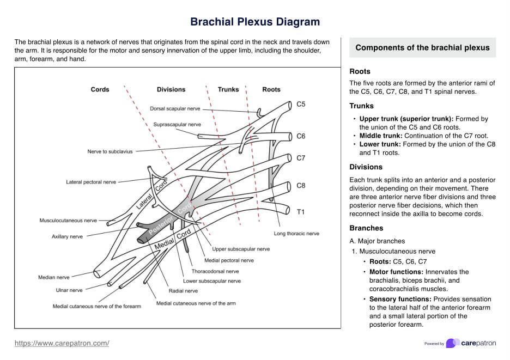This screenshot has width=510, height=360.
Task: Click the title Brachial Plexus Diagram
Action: click(x=255, y=22)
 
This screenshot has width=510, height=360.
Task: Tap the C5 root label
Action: click(x=301, y=103)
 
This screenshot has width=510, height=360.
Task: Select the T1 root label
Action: click(x=301, y=211)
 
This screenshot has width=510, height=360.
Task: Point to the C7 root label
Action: click(x=301, y=158)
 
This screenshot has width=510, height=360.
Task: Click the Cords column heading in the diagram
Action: click(x=100, y=89)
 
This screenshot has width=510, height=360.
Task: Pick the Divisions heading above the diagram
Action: click(x=171, y=89)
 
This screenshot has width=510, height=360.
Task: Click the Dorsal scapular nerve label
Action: click(x=175, y=109)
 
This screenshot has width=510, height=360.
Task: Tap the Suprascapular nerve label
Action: click(x=177, y=125)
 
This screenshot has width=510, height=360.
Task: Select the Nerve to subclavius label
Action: click(x=110, y=152)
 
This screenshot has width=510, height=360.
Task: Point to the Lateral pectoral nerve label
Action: click(x=91, y=182)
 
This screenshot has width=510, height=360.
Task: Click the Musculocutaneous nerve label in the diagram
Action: click(x=68, y=221)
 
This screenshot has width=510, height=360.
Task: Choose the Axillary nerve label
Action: click(x=67, y=237)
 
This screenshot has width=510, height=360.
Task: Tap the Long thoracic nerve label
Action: click(x=296, y=234)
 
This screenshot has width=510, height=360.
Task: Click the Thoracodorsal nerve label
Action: click(x=215, y=271)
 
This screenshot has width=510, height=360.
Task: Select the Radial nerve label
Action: click(x=183, y=291)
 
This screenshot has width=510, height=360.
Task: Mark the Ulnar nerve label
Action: click(x=69, y=290)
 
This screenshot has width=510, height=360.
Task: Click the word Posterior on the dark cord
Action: click(x=161, y=224)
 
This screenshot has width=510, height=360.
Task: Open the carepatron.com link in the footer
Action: click(x=62, y=343)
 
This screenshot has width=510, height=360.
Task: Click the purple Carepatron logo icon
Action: click(x=452, y=343)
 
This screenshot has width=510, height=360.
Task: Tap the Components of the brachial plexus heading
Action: click(x=422, y=48)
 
